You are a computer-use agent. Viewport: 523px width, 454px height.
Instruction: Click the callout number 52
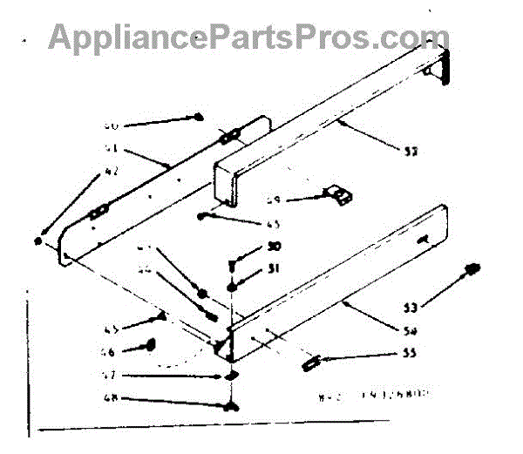pyautogui.click(x=411, y=151)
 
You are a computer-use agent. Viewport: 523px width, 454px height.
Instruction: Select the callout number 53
pyautogui.click(x=411, y=306)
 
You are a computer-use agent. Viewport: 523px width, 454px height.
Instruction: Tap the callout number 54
pyautogui.click(x=411, y=331)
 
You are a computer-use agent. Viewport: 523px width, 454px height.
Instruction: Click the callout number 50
pyautogui.click(x=274, y=247)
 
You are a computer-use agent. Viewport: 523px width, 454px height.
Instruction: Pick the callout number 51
pyautogui.click(x=274, y=268)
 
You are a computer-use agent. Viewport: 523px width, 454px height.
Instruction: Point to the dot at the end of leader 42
pyautogui.click(x=39, y=240)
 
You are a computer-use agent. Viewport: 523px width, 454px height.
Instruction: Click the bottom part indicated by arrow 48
pyautogui.click(x=229, y=406)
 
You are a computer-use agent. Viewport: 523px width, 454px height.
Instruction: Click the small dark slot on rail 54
pyautogui.click(x=423, y=237)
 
